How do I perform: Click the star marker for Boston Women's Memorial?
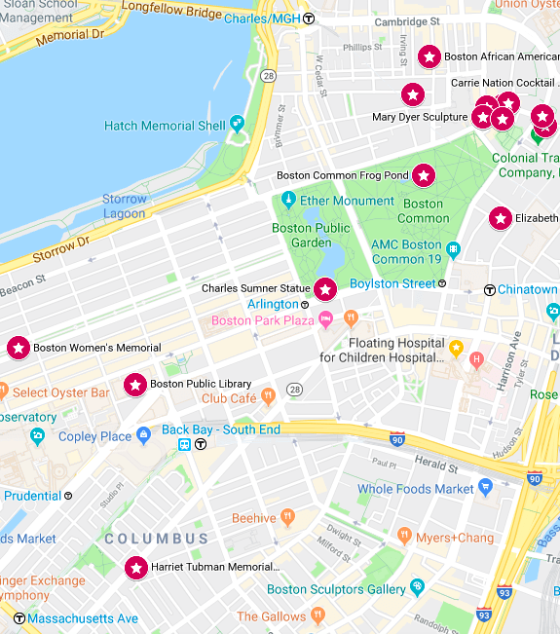click(18, 348)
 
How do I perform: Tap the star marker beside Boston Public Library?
click(135, 385)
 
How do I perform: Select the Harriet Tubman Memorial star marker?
click(135, 567)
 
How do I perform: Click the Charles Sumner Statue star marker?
click(324, 289)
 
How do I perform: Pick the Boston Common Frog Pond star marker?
click(424, 175)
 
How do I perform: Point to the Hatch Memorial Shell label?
click(165, 126)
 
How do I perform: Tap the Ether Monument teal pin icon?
click(287, 201)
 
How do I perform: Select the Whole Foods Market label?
click(415, 489)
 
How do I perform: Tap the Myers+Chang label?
click(455, 538)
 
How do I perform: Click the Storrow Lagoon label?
click(124, 206)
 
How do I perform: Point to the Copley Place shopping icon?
click(144, 435)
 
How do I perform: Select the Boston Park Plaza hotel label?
click(264, 320)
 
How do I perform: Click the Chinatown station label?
click(527, 289)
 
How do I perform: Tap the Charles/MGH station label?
click(262, 18)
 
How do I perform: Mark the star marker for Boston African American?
click(429, 57)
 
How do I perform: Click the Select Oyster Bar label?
click(60, 392)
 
